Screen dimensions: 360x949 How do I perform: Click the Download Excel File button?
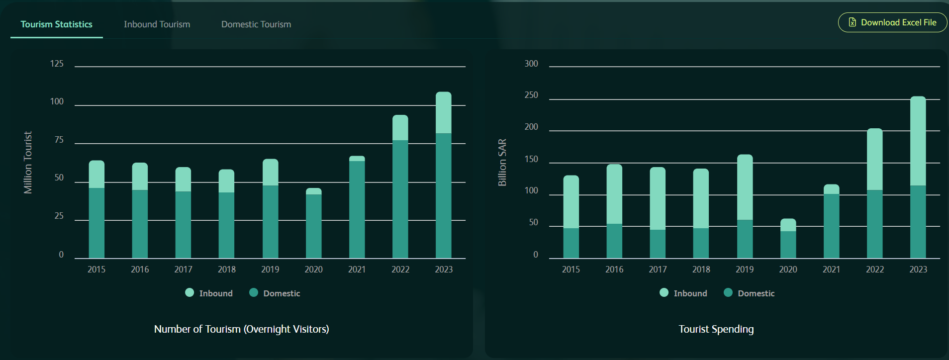pos(893,22)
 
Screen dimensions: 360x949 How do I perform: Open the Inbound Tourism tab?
pos(157,24)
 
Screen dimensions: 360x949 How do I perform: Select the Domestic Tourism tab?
pos(256,24)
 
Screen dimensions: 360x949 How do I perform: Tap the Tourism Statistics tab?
pos(57,24)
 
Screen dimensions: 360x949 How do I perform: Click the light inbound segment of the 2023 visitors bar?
pos(444,112)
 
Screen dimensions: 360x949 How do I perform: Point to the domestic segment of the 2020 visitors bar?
pos(313,226)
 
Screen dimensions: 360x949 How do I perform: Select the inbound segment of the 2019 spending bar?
pos(745,187)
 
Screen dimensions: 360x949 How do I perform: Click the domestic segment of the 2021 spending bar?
pos(831,226)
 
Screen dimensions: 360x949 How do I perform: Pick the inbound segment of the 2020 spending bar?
pos(788,225)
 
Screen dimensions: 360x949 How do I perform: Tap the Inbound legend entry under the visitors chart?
pos(209,293)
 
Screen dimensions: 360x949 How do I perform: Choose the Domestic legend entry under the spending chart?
pos(750,293)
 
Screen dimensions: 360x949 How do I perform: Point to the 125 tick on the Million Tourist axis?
pos(57,64)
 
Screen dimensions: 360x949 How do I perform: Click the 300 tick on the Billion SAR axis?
pos(531,64)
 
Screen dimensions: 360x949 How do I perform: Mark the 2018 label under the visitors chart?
pos(227,270)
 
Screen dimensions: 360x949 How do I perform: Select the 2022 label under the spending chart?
pos(875,270)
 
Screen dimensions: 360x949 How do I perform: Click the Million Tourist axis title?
pos(28,162)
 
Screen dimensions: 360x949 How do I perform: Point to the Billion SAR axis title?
pos(502,162)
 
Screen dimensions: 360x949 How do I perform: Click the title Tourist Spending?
pos(716,329)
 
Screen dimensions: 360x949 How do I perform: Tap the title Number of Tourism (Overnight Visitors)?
pos(242,329)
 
